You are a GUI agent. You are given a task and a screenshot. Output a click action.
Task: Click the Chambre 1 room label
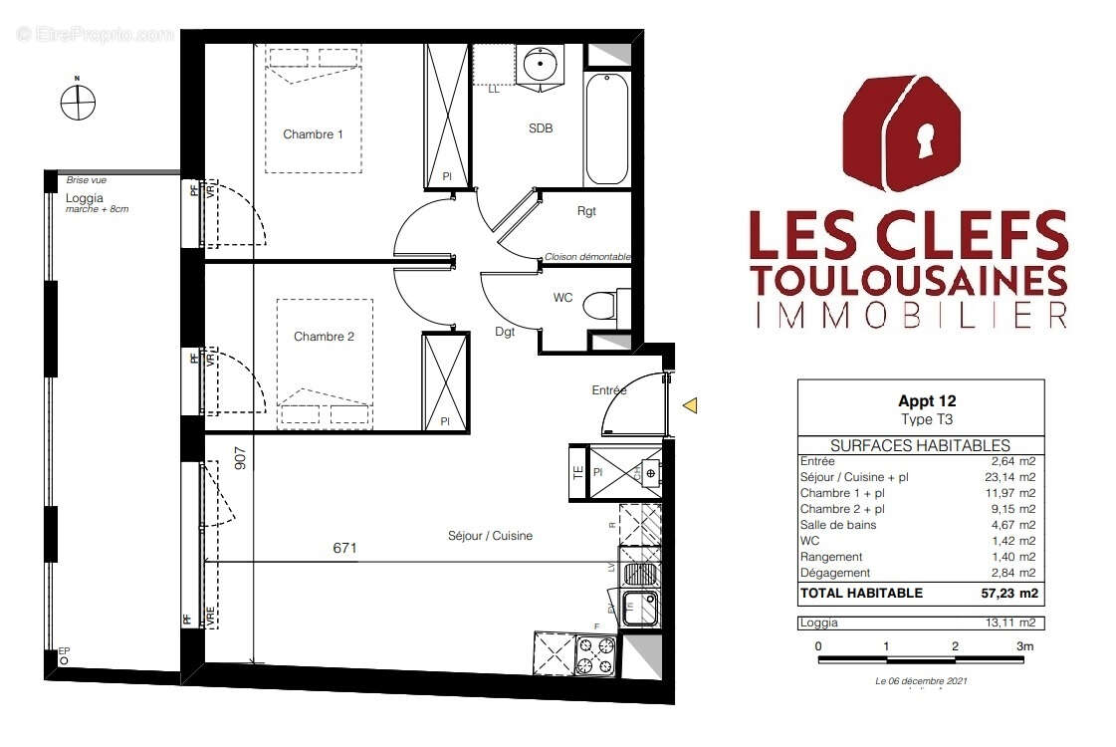313,134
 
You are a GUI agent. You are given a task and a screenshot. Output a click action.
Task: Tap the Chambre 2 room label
324,337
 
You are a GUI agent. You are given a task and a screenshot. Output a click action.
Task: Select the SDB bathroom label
541,128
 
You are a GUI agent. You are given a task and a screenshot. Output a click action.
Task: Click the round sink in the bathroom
541,66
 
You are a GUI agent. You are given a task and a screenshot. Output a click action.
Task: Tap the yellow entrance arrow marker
689,405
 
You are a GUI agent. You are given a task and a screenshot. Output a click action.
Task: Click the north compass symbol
77,102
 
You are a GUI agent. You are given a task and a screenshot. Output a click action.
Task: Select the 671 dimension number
345,548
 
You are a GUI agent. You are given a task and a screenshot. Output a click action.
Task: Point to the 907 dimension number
240,457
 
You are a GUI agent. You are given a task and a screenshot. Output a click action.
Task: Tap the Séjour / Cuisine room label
490,536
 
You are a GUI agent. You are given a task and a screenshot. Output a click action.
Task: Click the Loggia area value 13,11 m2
1014,622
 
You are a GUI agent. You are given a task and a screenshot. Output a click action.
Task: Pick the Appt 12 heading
927,401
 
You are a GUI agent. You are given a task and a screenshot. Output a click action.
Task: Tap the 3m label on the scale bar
1023,646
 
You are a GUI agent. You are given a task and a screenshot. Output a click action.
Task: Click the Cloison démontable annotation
586,257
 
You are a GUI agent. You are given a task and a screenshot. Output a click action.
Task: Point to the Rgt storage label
586,211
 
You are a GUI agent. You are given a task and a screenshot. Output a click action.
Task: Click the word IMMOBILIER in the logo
910,315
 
